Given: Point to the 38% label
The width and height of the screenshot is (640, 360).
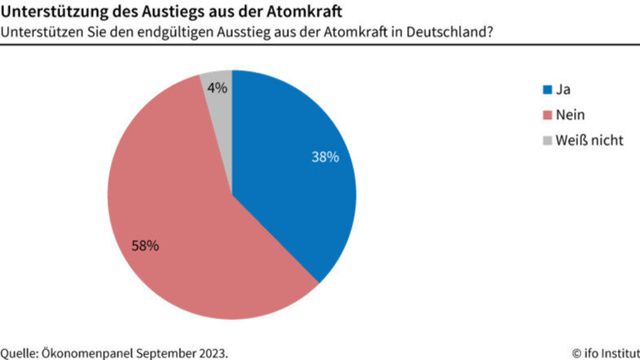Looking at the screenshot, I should click(325, 157).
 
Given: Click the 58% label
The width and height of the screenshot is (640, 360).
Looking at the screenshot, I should click(146, 244).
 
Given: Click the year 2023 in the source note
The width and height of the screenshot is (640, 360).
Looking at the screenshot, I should click(213, 353).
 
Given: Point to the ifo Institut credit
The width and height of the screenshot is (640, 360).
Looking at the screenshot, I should click(605, 353).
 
